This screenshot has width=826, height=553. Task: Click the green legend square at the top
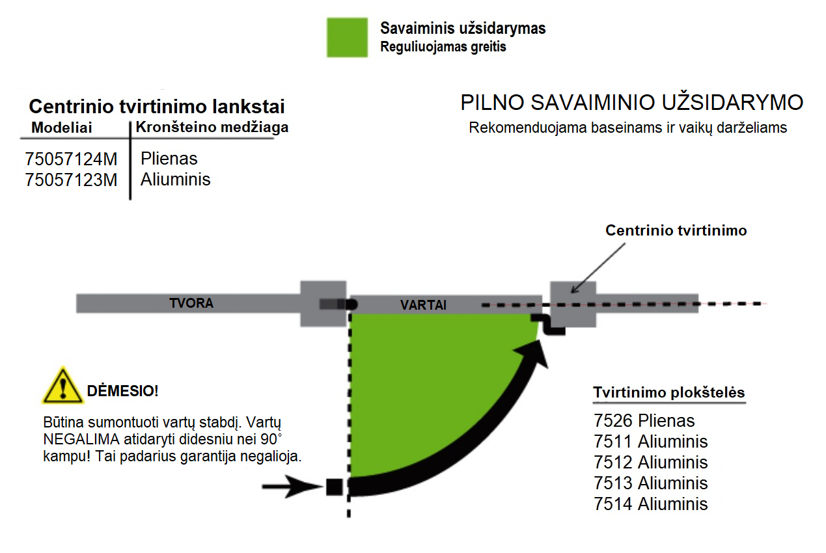coord(347,37)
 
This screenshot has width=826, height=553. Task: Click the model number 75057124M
coord(71,159)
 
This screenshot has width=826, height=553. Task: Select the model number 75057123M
coord(71,180)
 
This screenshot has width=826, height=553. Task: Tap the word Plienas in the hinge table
coord(169,159)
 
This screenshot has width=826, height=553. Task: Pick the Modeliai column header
coord(62,128)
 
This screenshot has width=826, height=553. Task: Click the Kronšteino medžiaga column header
coord(212,127)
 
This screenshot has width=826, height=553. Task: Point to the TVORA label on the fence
coord(191,303)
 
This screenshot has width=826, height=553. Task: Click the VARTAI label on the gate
coord(423,305)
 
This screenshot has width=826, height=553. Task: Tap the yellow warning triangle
coord(62,385)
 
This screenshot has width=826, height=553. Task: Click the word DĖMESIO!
coord(122,391)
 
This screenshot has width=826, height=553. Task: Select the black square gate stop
coord(335,487)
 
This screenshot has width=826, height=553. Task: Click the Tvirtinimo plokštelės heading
coord(669,392)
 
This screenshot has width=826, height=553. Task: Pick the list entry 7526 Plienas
coord(644,421)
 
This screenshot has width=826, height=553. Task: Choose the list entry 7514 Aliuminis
coord(650,504)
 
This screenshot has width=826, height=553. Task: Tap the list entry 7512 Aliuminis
coord(650,462)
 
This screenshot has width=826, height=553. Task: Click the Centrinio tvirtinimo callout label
coord(676,230)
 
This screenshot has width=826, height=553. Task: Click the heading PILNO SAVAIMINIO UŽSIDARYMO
coord(631,103)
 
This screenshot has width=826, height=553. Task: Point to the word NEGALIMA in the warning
coord(81,439)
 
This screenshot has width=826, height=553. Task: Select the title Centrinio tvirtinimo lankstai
coord(157,107)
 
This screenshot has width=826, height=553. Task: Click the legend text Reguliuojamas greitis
coord(443,47)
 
